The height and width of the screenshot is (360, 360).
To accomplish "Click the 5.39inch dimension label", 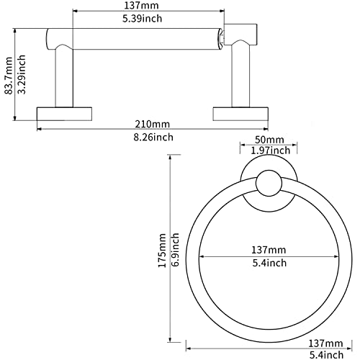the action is tap(143, 19).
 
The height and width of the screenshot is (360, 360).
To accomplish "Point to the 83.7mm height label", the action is tap(9, 76).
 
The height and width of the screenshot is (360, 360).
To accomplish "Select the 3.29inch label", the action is tap(22, 74).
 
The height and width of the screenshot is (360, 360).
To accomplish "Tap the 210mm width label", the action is tap(153, 124).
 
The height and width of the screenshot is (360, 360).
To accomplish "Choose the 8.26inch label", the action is tap(153, 138).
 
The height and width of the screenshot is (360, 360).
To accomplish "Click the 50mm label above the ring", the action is tap(269, 140).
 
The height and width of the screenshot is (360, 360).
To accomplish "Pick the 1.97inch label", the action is tap(271, 150).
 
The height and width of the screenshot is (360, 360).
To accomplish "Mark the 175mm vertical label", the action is tap(163, 251).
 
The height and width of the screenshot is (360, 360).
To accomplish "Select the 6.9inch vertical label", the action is tap(176, 250).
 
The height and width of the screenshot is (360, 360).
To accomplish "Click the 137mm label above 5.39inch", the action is tap(141, 6).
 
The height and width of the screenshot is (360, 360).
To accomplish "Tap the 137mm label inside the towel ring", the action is tap(269, 250).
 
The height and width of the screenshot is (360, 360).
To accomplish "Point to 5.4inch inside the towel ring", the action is tap(269, 263).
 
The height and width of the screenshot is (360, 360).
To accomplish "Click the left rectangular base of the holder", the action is tap(64, 114).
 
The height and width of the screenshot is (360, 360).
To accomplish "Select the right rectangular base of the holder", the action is tap(240, 114).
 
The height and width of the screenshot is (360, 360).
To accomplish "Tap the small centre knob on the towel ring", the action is tap(269, 184).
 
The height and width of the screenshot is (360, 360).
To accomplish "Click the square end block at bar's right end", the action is tap(240, 34).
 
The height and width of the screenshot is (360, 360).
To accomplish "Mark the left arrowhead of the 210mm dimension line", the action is tap(40, 129).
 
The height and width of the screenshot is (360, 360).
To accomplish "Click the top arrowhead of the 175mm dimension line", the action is tap(171, 157).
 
